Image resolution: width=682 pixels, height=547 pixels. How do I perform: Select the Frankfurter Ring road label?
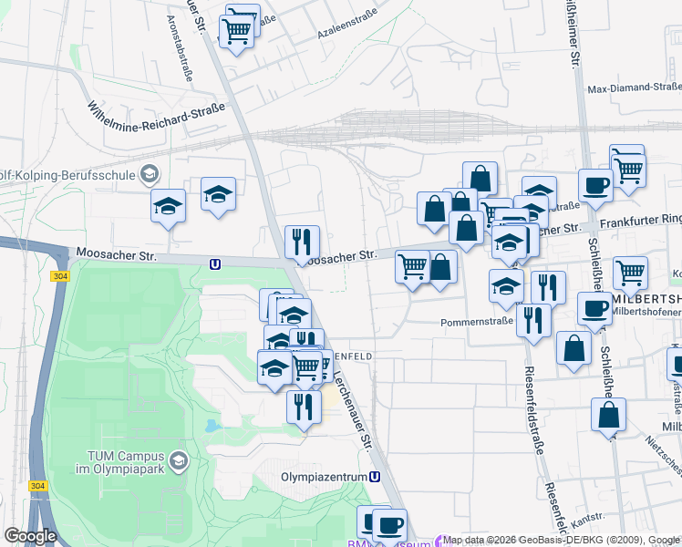(x=641, y=220)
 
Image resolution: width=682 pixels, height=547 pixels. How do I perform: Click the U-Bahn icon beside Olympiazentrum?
(x=375, y=477)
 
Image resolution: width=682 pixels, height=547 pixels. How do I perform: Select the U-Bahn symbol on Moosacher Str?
(x=215, y=264)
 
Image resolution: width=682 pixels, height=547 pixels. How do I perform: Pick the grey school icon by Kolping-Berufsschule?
(x=149, y=173)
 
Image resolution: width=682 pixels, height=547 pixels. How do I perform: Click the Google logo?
(x=30, y=536)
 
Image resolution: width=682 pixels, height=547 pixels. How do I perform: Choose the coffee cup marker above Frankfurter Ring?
(x=595, y=185)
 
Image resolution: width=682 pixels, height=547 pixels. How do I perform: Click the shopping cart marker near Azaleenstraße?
(x=237, y=32)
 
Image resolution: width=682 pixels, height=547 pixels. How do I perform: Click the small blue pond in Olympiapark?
(x=212, y=426)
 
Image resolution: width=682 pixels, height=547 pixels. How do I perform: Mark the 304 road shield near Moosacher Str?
(x=60, y=276)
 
